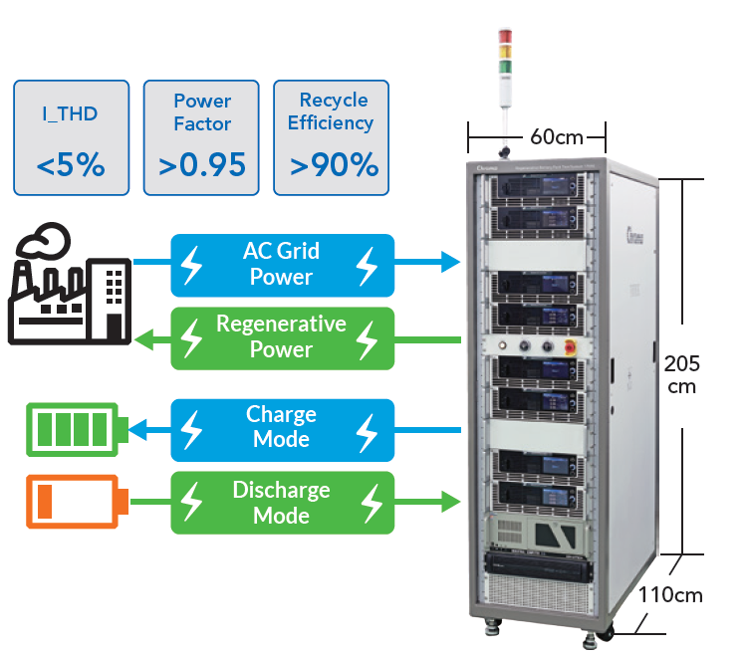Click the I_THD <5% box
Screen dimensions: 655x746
[71, 137]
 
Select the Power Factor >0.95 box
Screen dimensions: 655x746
[202, 137]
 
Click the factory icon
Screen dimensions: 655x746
[70, 284]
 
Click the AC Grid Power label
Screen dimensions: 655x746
[281, 264]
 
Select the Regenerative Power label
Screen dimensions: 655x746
[281, 336]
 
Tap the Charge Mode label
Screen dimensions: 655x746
[281, 427]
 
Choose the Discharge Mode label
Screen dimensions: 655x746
[281, 503]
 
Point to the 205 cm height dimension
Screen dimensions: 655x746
[682, 373]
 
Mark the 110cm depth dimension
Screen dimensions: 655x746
[669, 596]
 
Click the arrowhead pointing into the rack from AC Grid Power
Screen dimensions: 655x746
[450, 263]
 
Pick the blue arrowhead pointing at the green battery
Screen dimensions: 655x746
[137, 430]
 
